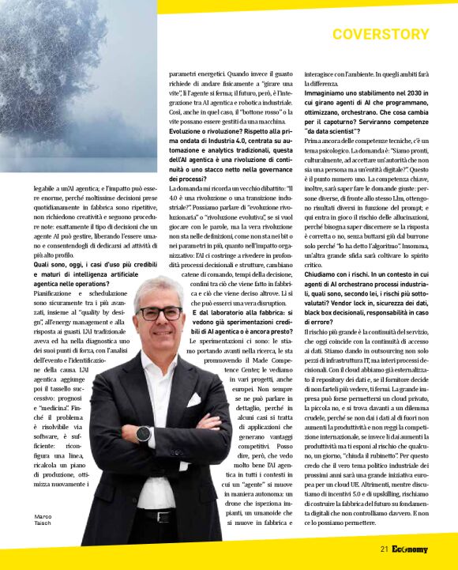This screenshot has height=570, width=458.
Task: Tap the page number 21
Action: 385,549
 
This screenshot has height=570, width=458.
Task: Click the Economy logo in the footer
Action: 409,549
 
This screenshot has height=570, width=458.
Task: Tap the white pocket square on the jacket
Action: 193,401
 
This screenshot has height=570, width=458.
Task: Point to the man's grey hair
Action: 158,289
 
